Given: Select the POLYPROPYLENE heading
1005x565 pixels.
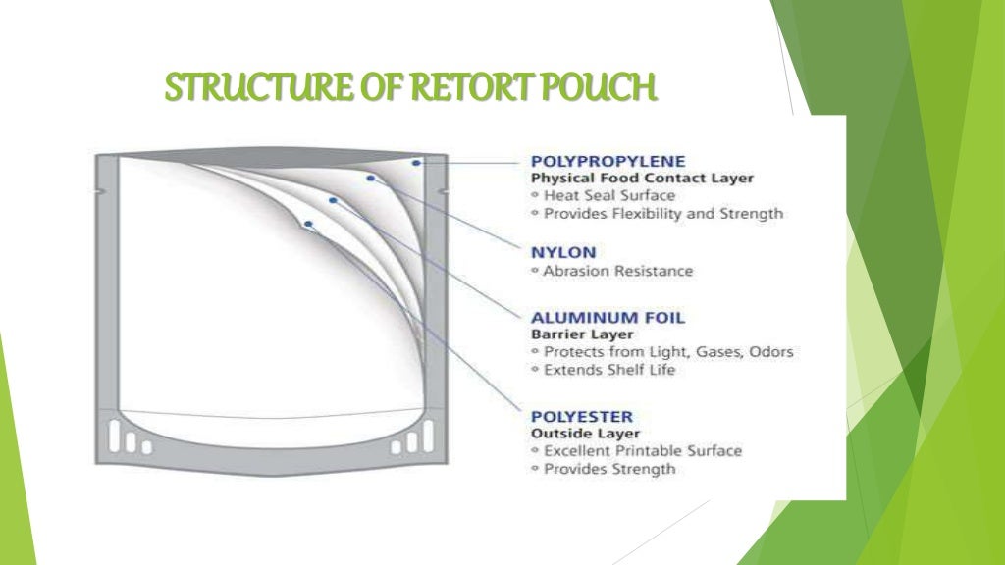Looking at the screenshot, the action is pos(608,161).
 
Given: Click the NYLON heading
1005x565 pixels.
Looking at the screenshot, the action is pos(562,251).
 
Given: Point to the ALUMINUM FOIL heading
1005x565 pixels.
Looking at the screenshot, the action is pos(608,318).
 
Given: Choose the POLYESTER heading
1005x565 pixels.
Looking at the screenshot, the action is pos(582,416).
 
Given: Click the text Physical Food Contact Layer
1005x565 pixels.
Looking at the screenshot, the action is pos(642,179).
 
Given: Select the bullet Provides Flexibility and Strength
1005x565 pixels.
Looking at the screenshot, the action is pos(662,213).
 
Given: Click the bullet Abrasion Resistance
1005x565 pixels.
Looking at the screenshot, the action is pos(617,271).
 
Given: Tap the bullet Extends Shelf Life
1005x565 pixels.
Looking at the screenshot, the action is pos(609,370).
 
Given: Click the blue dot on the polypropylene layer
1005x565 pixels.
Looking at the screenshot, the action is pos(417,162).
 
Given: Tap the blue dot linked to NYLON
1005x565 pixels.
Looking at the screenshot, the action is pos(371,178).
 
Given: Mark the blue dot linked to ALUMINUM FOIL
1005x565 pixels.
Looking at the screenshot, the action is pos(334,200).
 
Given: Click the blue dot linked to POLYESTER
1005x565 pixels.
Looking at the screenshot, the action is pos(308,224).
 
